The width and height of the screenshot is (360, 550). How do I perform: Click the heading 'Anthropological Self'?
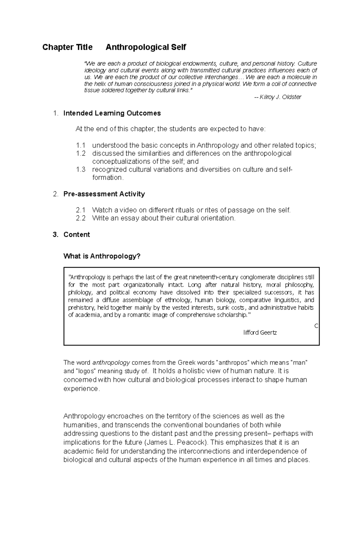coord(146,47)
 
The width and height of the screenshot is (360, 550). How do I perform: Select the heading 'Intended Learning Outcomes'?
coord(112,113)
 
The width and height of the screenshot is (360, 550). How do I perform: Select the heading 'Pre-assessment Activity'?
coord(104,194)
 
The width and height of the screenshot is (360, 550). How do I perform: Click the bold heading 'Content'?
coord(76,235)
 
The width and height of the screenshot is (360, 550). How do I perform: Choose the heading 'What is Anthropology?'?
coord(102,257)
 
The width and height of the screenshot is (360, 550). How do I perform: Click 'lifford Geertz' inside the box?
coord(260,333)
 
